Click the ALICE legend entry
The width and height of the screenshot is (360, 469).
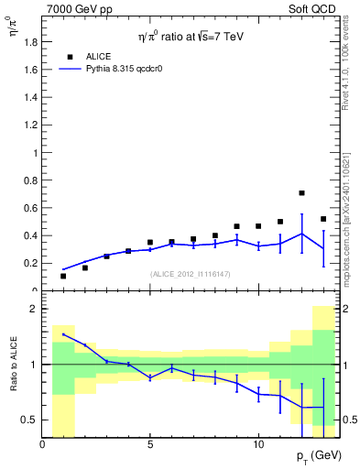click(x=97, y=56)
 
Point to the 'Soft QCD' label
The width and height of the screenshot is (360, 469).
click(x=313, y=8)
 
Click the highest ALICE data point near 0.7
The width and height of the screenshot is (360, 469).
click(x=301, y=193)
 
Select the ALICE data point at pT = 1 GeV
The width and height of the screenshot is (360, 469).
click(x=63, y=276)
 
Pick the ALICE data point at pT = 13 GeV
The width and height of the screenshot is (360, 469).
click(x=323, y=219)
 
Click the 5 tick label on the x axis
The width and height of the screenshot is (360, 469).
click(x=150, y=445)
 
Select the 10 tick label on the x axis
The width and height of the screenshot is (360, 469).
click(x=258, y=445)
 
